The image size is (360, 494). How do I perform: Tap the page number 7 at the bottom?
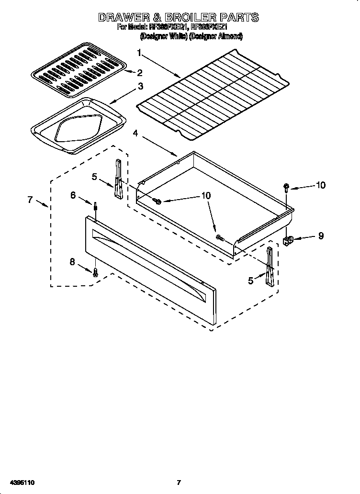(x=179, y=482)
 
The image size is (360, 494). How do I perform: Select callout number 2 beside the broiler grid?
(x=140, y=73)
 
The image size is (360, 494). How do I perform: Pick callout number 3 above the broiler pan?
(x=140, y=87)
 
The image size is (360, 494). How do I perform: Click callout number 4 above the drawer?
(x=135, y=134)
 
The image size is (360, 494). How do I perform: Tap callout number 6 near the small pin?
(x=73, y=195)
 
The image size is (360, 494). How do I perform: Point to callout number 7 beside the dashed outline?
(x=30, y=200)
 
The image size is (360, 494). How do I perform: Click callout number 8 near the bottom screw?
(x=73, y=262)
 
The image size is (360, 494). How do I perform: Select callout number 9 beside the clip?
(x=320, y=236)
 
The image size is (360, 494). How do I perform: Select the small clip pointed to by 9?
(x=288, y=240)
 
